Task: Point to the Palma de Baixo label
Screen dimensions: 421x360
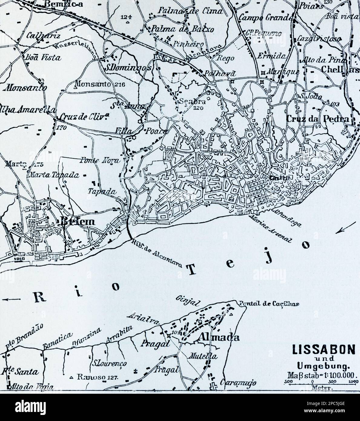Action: coord(180,29)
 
